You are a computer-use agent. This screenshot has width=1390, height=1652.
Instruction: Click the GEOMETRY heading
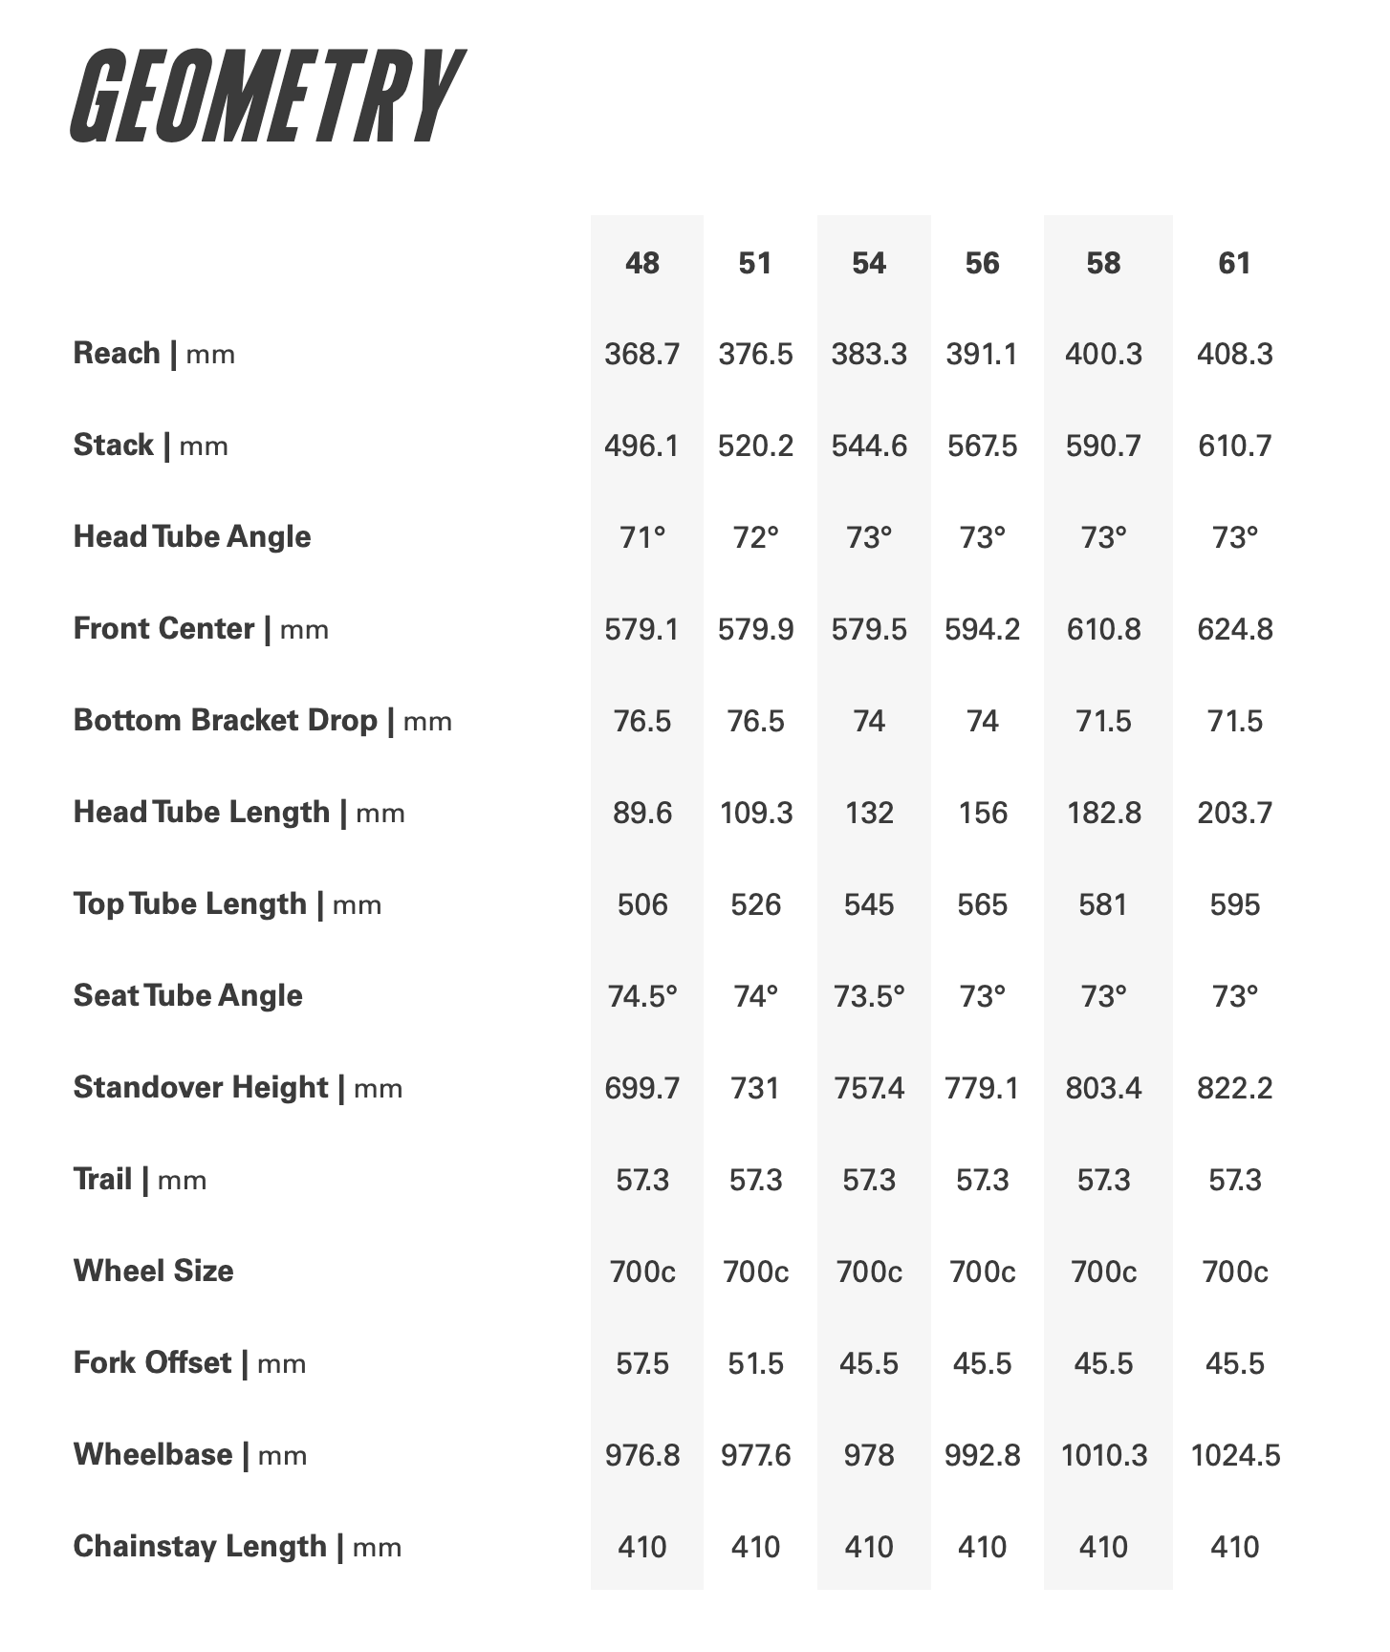(267, 97)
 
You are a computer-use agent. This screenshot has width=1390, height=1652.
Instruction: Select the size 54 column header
(869, 263)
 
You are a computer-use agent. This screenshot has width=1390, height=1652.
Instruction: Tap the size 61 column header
(1234, 263)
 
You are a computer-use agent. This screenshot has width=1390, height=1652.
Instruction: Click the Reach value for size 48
(642, 355)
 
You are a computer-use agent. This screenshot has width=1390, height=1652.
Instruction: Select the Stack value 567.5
(982, 446)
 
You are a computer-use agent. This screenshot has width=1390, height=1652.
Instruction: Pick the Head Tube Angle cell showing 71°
(642, 538)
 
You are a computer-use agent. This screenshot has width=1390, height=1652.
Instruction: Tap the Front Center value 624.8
(1234, 630)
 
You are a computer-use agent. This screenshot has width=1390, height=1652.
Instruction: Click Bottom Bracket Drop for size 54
(869, 722)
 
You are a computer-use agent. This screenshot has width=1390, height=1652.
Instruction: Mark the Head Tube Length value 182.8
(1103, 814)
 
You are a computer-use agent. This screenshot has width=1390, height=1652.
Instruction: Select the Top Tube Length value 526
(755, 905)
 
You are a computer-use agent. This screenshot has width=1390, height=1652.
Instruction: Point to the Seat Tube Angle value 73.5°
(869, 997)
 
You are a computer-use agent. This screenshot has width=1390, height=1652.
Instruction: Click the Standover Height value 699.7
(642, 1089)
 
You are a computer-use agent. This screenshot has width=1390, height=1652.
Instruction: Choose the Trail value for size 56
(982, 1181)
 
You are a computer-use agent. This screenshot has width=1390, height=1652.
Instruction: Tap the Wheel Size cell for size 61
(1234, 1272)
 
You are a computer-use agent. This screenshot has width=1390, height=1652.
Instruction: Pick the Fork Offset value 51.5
(755, 1364)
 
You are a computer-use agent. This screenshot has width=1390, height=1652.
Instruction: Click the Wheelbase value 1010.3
(1103, 1456)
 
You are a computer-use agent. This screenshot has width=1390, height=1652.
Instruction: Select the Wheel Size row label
(153, 1272)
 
